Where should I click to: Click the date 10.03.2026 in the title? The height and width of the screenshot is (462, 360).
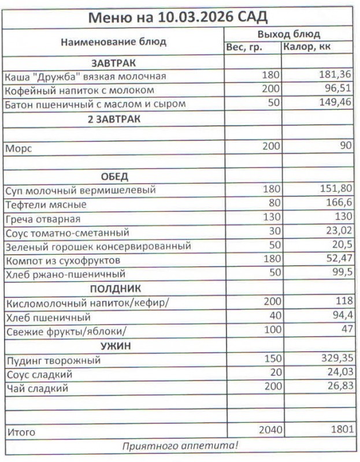(191, 17)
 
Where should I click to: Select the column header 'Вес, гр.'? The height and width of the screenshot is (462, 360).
(243, 47)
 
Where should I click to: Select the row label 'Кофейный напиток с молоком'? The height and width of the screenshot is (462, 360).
(79, 90)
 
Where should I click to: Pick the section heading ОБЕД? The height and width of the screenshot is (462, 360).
(114, 176)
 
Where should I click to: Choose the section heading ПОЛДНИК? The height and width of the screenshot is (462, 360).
(114, 289)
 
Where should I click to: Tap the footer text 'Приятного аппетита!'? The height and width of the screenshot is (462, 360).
(179, 446)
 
